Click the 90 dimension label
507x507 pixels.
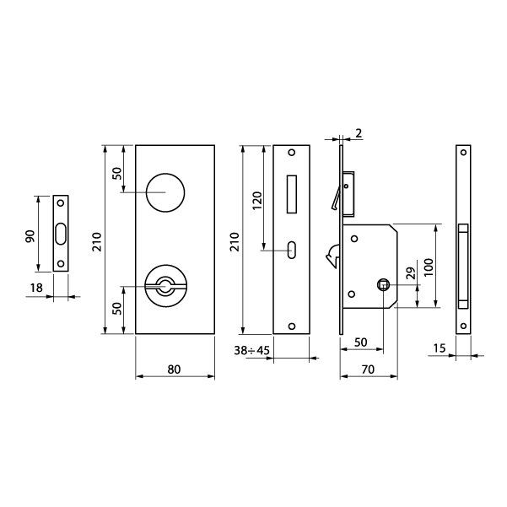29,235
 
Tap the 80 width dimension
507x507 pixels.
175,368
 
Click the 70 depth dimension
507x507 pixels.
367,368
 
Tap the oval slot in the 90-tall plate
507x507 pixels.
61,234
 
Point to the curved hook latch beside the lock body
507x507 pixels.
332,253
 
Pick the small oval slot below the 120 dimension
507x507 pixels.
291,249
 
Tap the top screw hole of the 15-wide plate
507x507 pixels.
462,153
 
